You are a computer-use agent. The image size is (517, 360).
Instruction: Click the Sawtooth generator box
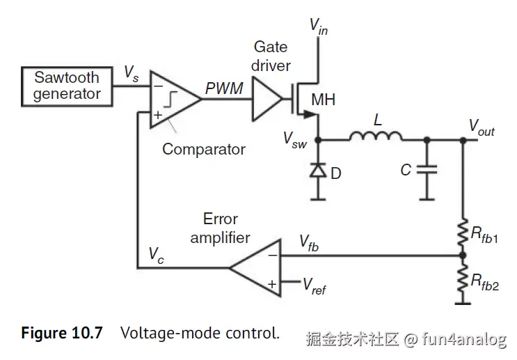pyautogui.click(x=67, y=86)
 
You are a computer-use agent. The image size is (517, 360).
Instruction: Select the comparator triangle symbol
pyautogui.click(x=172, y=100)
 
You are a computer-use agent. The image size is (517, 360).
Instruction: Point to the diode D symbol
pyautogui.click(x=318, y=169)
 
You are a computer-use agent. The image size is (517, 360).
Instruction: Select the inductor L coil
pyautogui.click(x=376, y=137)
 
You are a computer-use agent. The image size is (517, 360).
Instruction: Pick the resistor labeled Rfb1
pyautogui.click(x=462, y=233)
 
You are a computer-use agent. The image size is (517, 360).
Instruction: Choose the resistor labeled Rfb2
pyautogui.click(x=462, y=280)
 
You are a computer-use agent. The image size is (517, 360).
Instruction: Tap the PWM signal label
pyautogui.click(x=224, y=89)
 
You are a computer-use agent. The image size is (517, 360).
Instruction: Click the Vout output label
pyautogui.click(x=481, y=126)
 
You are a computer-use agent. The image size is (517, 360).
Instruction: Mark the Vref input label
pyautogui.click(x=314, y=285)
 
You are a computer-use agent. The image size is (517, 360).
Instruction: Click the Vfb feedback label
pyautogui.click(x=310, y=242)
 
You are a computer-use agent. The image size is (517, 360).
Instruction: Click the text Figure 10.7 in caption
pyautogui.click(x=61, y=333)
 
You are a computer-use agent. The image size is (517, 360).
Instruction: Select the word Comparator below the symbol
pyautogui.click(x=203, y=149)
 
